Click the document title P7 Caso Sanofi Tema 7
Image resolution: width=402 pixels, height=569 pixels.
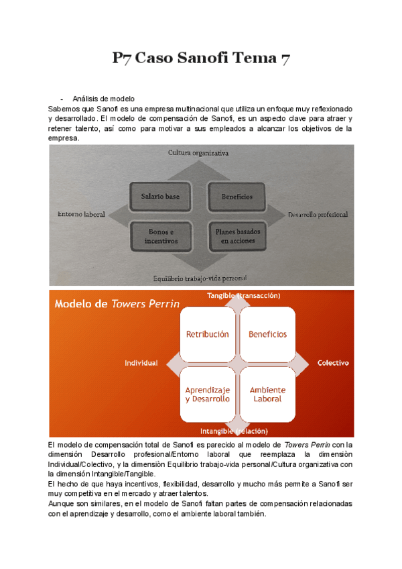pyautogui.click(x=201, y=60)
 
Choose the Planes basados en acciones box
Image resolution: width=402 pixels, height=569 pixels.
pyautogui.click(x=237, y=235)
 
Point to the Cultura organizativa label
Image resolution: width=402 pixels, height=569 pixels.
pyautogui.click(x=198, y=153)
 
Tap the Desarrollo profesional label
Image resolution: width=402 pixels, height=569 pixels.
pyautogui.click(x=318, y=215)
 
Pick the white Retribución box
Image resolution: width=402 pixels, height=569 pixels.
pyautogui.click(x=207, y=333)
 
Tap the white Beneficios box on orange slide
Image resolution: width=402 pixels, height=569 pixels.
pyautogui.click(x=267, y=333)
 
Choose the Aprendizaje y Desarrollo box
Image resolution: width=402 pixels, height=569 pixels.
pyautogui.click(x=207, y=394)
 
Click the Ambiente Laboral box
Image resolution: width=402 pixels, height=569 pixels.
pyautogui.click(x=267, y=394)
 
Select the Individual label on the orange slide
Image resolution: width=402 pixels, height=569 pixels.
pyautogui.click(x=141, y=363)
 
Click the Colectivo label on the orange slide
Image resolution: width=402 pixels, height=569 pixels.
pyautogui.click(x=333, y=363)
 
